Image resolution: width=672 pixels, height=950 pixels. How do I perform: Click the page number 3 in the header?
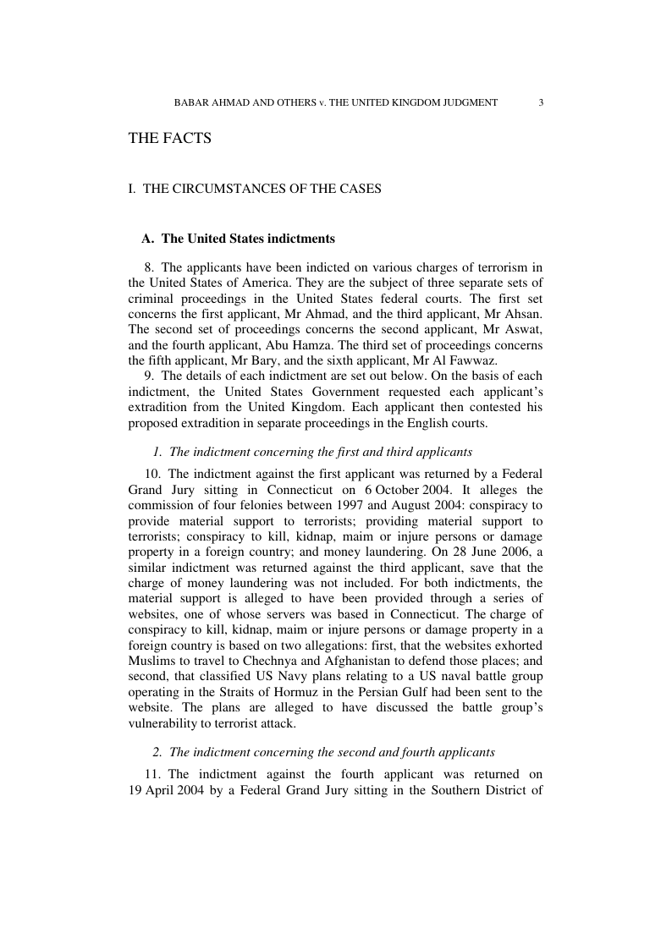click(540, 102)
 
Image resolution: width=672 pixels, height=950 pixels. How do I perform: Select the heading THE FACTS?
click(169, 138)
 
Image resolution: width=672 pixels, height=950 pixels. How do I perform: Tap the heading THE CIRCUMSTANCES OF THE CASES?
click(255, 189)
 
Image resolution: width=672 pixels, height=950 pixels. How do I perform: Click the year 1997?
click(356, 505)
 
